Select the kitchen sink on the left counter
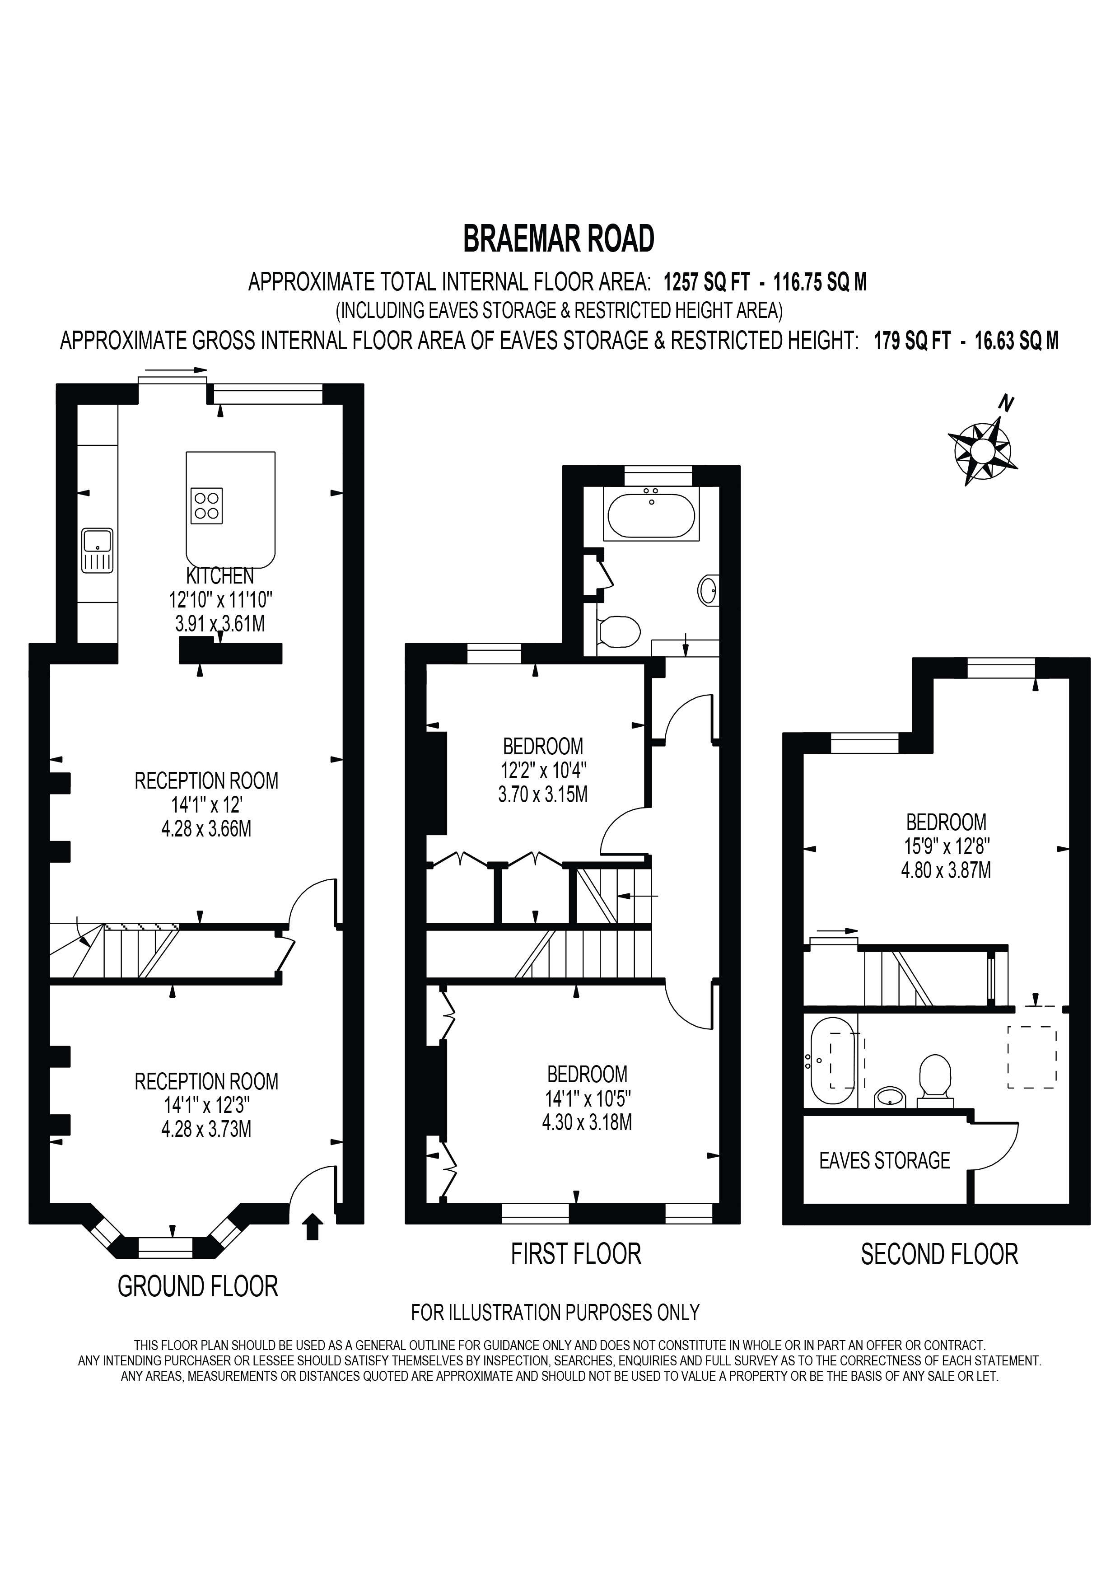point(97,550)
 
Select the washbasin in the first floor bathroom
point(708,590)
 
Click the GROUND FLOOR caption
point(198,1287)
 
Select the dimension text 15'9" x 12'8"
point(946,846)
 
